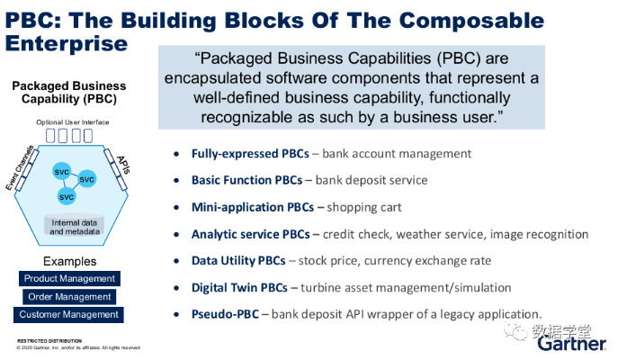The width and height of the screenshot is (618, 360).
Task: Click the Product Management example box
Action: (x=69, y=279)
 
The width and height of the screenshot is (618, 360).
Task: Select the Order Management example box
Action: (x=69, y=297)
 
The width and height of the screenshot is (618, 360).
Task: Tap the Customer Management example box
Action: (x=69, y=315)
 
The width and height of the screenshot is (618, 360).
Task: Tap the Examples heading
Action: (x=69, y=260)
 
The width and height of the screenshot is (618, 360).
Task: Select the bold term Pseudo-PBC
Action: (x=226, y=315)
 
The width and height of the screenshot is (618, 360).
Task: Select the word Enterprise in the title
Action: (x=66, y=41)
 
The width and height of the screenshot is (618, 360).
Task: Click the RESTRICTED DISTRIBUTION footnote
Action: (x=49, y=341)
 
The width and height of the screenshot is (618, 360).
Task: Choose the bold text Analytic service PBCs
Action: (x=250, y=234)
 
